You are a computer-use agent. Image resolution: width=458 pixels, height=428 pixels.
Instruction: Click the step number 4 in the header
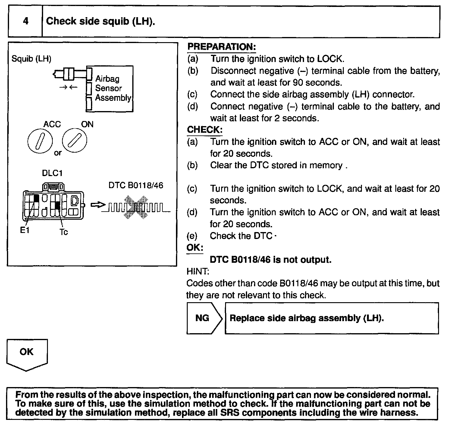coord(26,21)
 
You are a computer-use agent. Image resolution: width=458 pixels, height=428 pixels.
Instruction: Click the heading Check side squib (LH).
coord(101,21)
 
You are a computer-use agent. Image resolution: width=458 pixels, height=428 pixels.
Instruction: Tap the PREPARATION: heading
coord(221,47)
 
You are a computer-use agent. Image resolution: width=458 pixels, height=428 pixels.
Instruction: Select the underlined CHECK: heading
coord(205,130)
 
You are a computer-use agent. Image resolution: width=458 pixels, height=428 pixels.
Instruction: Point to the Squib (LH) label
coord(31,58)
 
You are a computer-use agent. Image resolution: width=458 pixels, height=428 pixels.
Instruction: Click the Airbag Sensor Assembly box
coord(110,88)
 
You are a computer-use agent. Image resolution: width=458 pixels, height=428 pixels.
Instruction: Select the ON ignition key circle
coord(74,141)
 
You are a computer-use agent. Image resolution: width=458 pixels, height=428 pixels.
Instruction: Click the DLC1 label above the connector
coord(52,173)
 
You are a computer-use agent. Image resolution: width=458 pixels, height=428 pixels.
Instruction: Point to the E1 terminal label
coord(24,230)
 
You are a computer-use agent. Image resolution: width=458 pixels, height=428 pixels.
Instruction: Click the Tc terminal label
coord(64,232)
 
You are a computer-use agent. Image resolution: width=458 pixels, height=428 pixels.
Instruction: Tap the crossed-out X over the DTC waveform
coord(136,207)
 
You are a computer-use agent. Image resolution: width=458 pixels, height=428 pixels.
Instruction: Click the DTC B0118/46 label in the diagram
coord(136,185)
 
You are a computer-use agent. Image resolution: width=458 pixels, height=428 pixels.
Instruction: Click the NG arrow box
coord(204,318)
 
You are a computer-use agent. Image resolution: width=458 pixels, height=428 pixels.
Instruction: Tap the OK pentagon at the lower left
coord(27,354)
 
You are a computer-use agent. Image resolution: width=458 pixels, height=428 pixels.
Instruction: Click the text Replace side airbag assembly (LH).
coord(307,318)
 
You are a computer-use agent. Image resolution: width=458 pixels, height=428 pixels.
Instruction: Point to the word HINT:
coord(198,271)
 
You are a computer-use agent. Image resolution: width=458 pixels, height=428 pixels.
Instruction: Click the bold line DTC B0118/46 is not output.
coord(270,259)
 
